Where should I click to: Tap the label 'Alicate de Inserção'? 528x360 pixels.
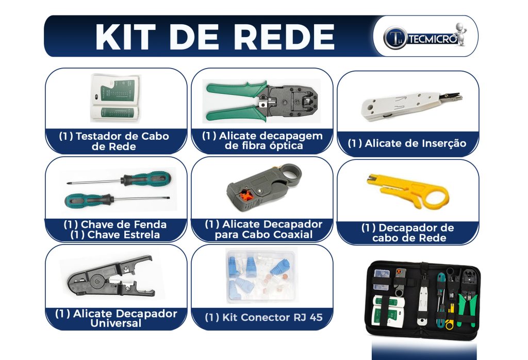tap(407, 143)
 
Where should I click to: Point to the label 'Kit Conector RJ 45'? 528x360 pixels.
tap(263, 317)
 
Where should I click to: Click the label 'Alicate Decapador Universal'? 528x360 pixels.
tap(115, 318)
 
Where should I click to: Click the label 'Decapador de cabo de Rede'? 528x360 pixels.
tap(407, 233)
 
